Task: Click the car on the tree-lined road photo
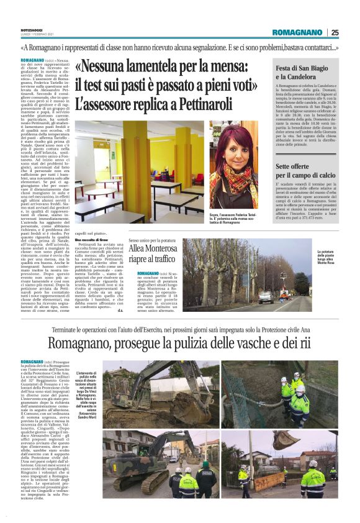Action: coord(266,296)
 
